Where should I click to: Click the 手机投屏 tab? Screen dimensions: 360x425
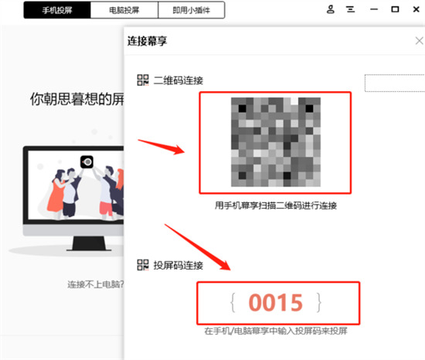point(56,10)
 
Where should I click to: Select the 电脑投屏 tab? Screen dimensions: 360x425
point(124,10)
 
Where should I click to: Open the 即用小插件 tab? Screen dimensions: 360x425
point(192,10)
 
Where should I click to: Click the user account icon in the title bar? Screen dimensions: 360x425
point(331,10)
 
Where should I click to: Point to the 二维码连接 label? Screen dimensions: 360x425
point(178,80)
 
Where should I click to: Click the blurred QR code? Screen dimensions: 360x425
point(275,143)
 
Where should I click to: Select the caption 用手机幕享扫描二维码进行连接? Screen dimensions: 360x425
point(275,206)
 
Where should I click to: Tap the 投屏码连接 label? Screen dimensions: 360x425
point(178,265)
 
